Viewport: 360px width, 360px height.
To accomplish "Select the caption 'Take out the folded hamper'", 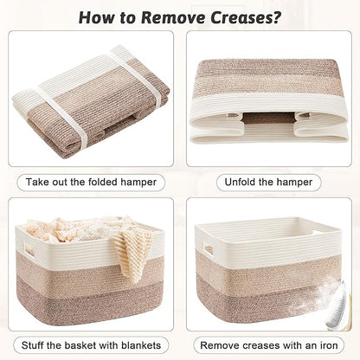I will tap(90, 183).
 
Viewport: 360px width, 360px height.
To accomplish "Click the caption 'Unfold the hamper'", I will tap(269, 183).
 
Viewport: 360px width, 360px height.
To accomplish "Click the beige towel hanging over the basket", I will tap(133, 251).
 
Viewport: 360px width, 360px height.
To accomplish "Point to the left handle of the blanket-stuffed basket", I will tap(29, 252).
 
